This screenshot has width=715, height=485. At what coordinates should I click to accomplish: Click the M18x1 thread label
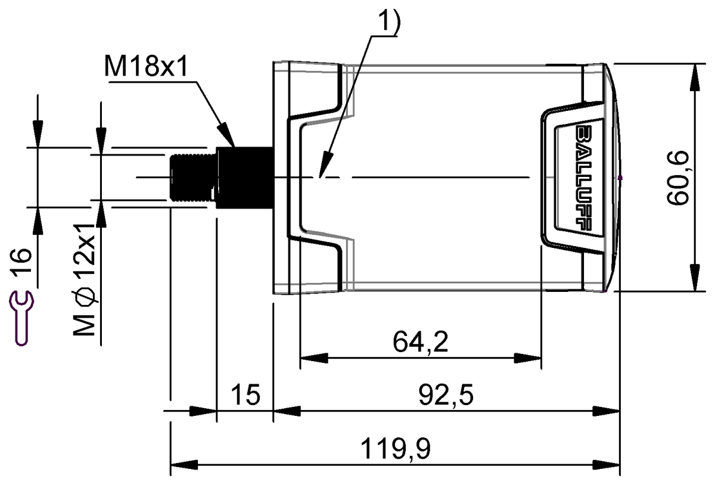(x=145, y=66)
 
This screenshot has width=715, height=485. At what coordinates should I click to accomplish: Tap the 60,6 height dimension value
(x=677, y=178)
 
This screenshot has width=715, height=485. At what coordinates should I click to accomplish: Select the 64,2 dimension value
(x=421, y=341)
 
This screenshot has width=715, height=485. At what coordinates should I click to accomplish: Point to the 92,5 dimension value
(x=446, y=394)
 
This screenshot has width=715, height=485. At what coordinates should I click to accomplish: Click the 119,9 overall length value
(x=396, y=449)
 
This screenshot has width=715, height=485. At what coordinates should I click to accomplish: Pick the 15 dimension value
(x=245, y=394)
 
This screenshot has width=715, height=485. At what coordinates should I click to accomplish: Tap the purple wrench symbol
(x=21, y=318)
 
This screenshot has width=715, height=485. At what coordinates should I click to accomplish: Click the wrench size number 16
(x=21, y=260)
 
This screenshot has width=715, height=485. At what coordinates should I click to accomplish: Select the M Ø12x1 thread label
(x=84, y=279)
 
